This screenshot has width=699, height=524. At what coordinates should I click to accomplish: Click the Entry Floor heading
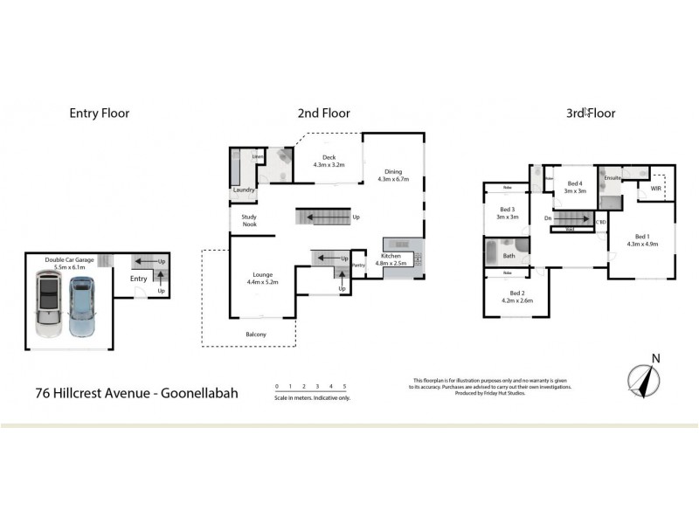(x=99, y=113)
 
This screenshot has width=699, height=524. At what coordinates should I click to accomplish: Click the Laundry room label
(x=243, y=190)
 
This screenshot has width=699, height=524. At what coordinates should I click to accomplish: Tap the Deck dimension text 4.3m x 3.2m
(x=329, y=164)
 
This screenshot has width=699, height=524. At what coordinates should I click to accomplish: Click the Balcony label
(x=256, y=334)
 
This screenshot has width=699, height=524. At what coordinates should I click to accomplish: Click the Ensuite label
(x=612, y=178)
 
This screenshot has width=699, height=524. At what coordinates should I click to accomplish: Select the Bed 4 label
(x=574, y=183)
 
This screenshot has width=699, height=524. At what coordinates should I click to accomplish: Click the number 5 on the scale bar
(x=344, y=385)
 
